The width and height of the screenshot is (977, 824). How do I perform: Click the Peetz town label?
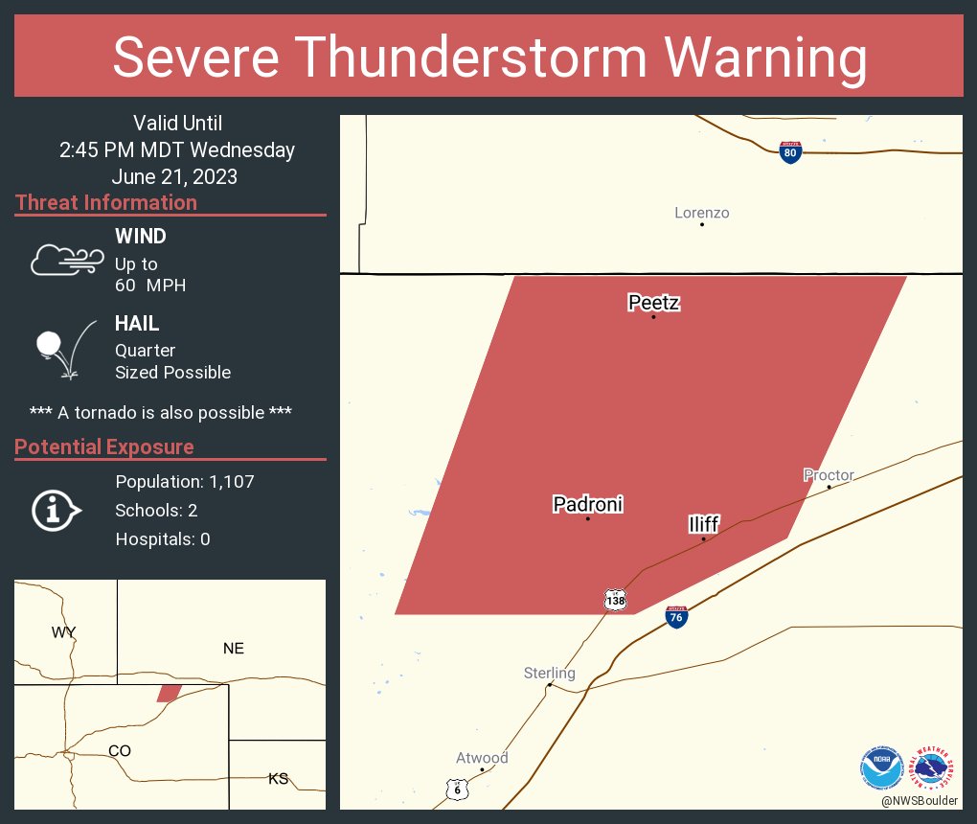(654, 304)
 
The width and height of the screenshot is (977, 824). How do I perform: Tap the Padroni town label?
(588, 505)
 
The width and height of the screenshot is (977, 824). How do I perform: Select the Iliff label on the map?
(704, 524)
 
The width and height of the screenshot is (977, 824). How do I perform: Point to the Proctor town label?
(829, 475)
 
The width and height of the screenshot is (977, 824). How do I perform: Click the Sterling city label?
(550, 674)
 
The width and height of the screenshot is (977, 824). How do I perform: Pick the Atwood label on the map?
(482, 758)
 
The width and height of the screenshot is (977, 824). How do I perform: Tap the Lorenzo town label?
(702, 213)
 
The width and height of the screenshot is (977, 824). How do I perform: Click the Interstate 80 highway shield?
(790, 152)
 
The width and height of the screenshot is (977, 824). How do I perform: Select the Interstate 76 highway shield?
(676, 616)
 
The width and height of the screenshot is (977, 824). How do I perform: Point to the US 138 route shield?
(616, 600)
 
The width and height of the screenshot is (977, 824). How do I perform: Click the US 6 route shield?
(458, 788)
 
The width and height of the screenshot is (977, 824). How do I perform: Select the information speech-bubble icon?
(57, 510)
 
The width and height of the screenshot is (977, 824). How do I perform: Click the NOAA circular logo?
(881, 768)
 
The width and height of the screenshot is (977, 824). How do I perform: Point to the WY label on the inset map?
(64, 631)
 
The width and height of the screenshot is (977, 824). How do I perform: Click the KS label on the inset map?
(278, 778)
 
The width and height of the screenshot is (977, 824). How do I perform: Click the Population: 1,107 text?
(185, 482)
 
